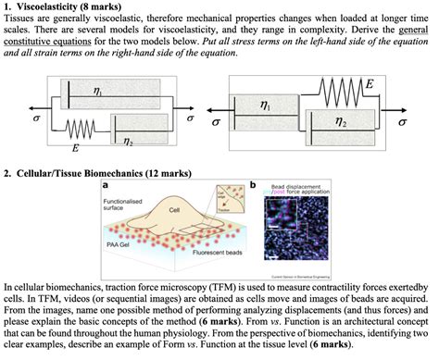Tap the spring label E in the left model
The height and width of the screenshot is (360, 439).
(x=74, y=147)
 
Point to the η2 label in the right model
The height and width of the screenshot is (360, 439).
(x=341, y=121)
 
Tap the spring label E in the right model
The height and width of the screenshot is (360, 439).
(x=370, y=83)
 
